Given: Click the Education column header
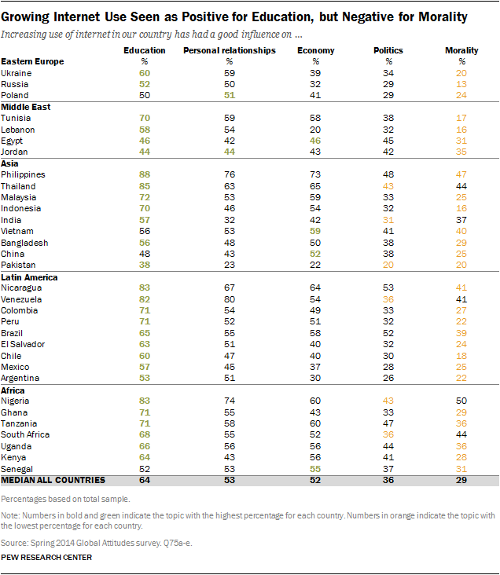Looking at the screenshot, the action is click(145, 50).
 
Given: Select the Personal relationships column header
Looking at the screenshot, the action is click(230, 50).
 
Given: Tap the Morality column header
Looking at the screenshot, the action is click(461, 50).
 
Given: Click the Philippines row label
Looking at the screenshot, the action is click(23, 174).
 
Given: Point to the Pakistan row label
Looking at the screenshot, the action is click(18, 265).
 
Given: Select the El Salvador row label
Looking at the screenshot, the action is click(23, 344).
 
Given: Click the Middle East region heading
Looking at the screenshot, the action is click(26, 107).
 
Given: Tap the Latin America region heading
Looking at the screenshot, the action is click(29, 277).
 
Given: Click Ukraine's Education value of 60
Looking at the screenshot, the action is click(145, 73).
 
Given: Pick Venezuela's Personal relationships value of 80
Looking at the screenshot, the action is click(230, 299).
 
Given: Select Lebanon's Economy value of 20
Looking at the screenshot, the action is click(315, 130).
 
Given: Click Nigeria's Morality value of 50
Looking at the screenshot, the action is click(461, 401).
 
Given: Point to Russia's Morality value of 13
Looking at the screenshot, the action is click(461, 84).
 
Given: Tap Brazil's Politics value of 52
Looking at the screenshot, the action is click(388, 333).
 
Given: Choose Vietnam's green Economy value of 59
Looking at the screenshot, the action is click(315, 231).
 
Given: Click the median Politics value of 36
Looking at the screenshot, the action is click(388, 480).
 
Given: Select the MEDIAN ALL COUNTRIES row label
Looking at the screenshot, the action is click(53, 480).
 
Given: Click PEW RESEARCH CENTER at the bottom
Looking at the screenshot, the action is click(46, 558).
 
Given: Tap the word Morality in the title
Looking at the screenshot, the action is click(443, 16).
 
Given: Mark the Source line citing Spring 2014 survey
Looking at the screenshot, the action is click(96, 543).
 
